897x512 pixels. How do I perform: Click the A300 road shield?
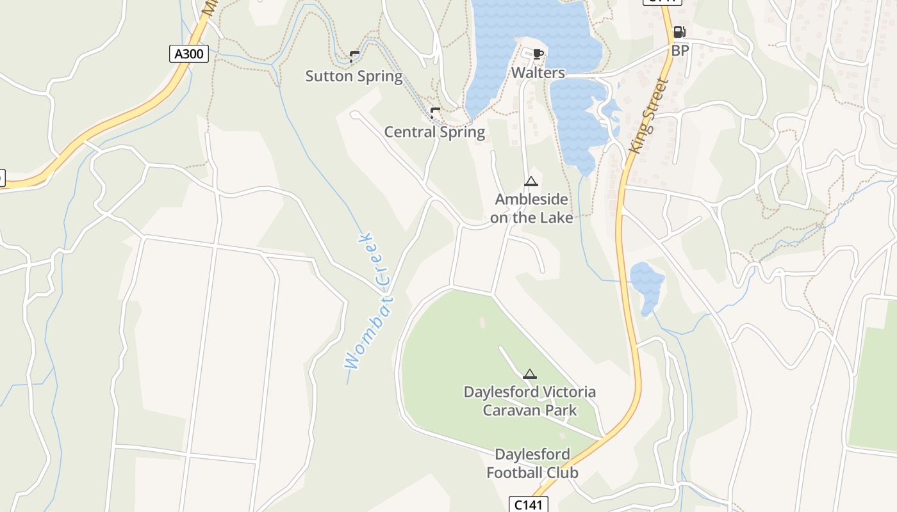(x=189, y=54)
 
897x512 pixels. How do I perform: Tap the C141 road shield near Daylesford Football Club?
(x=529, y=504)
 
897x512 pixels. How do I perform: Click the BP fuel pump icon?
(x=679, y=32)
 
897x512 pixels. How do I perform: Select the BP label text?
(x=680, y=50)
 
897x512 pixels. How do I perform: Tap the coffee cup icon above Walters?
(x=538, y=54)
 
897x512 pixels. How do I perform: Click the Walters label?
(x=538, y=73)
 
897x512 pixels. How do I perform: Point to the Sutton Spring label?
(x=354, y=76)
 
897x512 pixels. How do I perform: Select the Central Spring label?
(x=434, y=132)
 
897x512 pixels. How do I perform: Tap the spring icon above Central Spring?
(x=435, y=113)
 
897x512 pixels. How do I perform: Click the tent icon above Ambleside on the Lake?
(x=531, y=182)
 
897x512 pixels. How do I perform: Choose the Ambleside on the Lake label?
(x=531, y=209)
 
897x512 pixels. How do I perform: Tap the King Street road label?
(x=648, y=116)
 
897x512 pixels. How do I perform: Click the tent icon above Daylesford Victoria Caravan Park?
(x=529, y=374)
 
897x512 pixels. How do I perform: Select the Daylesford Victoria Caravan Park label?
(x=530, y=401)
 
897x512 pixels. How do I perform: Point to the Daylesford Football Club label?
(x=532, y=463)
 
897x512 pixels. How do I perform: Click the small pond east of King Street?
(x=647, y=285)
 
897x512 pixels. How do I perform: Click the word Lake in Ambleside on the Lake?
(x=555, y=218)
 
